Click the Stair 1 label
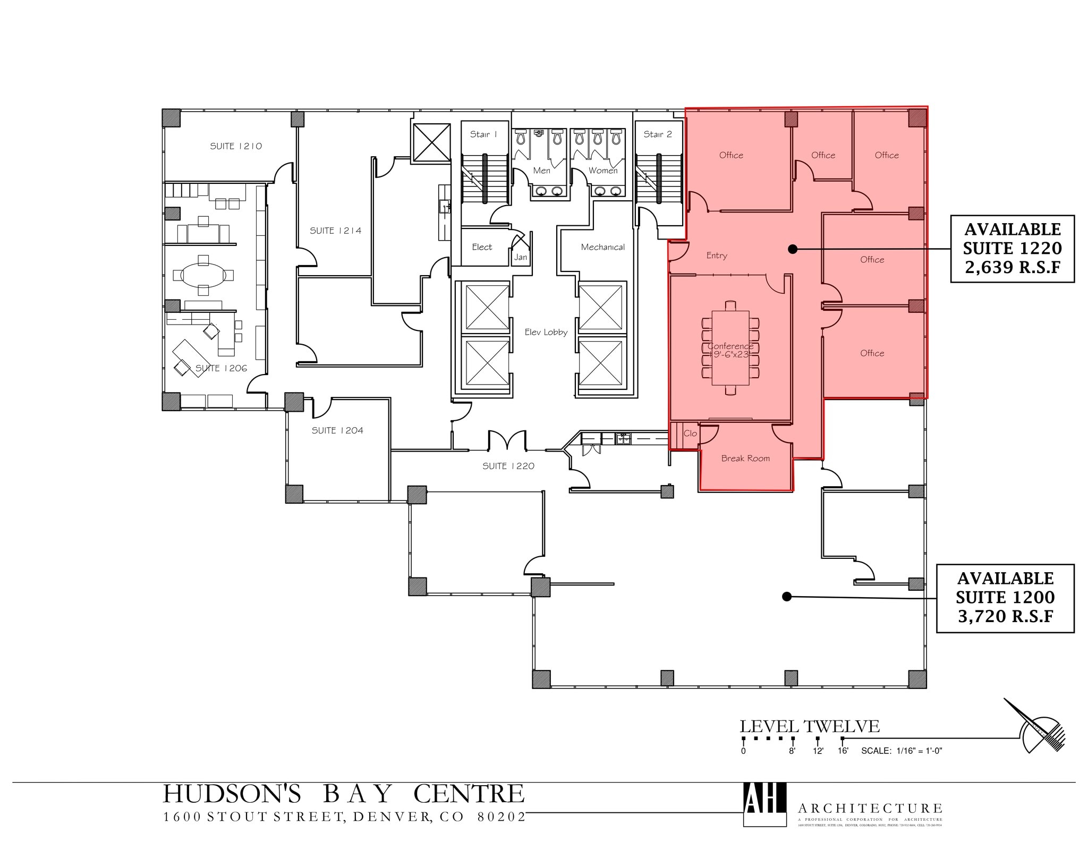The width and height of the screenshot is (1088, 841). click(483, 134)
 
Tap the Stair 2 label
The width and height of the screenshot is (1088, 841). click(657, 134)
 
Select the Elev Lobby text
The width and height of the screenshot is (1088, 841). click(546, 332)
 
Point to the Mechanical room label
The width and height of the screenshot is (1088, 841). click(602, 247)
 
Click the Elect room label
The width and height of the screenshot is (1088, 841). click(482, 247)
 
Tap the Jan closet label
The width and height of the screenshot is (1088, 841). click(521, 257)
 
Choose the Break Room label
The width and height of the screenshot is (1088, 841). click(745, 458)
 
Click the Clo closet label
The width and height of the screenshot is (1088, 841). click(690, 434)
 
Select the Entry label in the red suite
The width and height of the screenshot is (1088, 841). click(716, 256)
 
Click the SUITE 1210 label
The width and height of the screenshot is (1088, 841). click(236, 146)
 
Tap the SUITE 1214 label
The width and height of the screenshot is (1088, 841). click(335, 231)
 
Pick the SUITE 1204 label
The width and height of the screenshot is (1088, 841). click(337, 430)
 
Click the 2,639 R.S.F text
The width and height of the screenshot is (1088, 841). click(1012, 267)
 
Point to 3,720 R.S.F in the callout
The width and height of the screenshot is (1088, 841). click(1005, 616)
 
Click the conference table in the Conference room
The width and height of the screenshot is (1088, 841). click(730, 348)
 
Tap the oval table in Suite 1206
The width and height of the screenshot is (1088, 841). click(203, 275)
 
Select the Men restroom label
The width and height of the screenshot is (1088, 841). click(541, 171)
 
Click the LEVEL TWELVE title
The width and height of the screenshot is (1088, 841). click(809, 726)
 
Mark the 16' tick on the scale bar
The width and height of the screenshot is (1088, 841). click(843, 739)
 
